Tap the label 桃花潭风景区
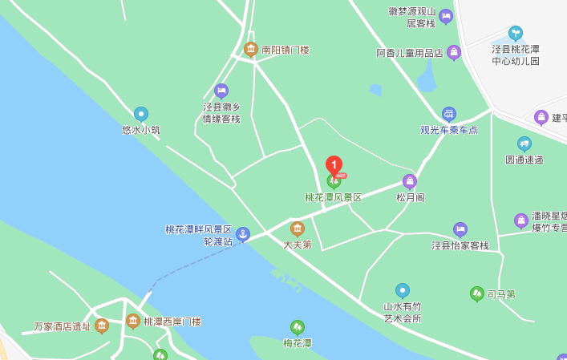coord(334,197)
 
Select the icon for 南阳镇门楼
coord(251,49)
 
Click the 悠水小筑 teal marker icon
coord(141,115)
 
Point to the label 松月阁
coord(410,197)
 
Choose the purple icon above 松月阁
coord(410,181)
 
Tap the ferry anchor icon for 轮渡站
coord(242,234)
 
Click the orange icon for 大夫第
coord(298,229)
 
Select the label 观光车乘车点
coord(449,130)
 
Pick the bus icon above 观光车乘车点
coord(449,114)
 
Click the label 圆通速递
coord(524,160)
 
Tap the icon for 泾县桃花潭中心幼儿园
coord(516,33)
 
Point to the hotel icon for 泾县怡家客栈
coord(460,229)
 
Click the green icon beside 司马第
coord(476,293)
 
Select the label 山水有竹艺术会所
coord(403,312)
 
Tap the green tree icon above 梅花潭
coord(298,327)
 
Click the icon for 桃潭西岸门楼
coord(133,321)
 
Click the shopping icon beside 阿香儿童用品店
coord(454,53)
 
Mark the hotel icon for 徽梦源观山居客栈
coord(446,16)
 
